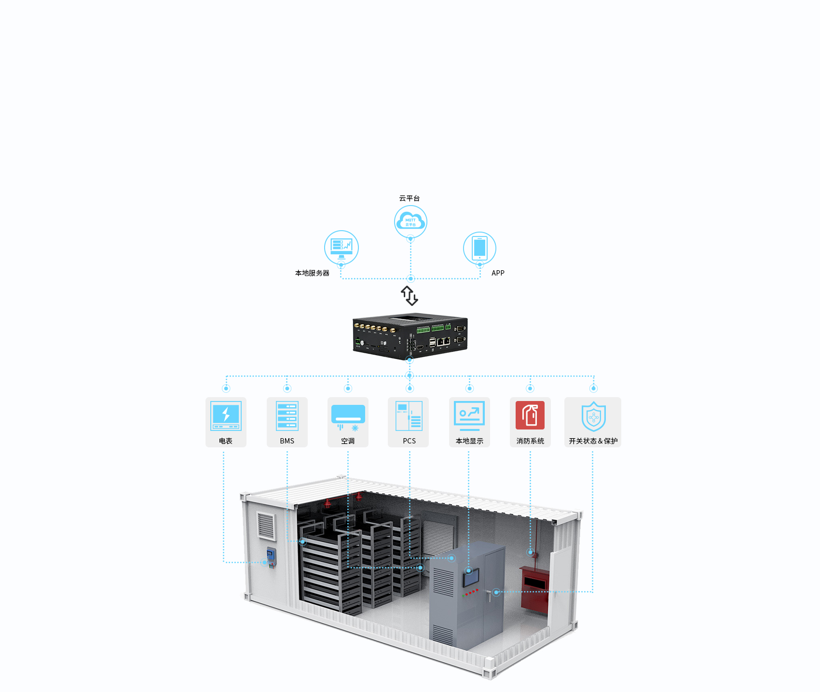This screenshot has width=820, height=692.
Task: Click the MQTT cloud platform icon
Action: coord(410,221)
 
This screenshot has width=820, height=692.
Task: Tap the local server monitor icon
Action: coord(342,247)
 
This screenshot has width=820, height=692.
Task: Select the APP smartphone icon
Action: coord(479,248)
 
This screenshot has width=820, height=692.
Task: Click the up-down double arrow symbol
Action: coord(410,295)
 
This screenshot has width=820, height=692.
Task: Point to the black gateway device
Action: coord(410,336)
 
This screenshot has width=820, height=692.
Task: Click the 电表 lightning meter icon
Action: coord(226,415)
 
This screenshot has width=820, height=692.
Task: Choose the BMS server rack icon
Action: coord(287,415)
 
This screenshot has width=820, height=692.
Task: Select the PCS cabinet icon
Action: coord(409,415)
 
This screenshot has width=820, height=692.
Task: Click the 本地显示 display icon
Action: coord(469,415)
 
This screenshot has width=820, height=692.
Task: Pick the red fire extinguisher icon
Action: coord(530,415)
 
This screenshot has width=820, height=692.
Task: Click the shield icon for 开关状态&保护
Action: coord(593,416)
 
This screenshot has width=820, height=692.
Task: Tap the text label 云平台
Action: coord(410,198)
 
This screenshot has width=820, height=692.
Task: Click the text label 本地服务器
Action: coord(312,273)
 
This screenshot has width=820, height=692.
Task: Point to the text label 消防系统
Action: coord(530,441)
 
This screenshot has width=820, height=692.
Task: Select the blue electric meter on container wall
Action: coord(272,557)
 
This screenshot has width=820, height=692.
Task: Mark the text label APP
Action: coord(498,273)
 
